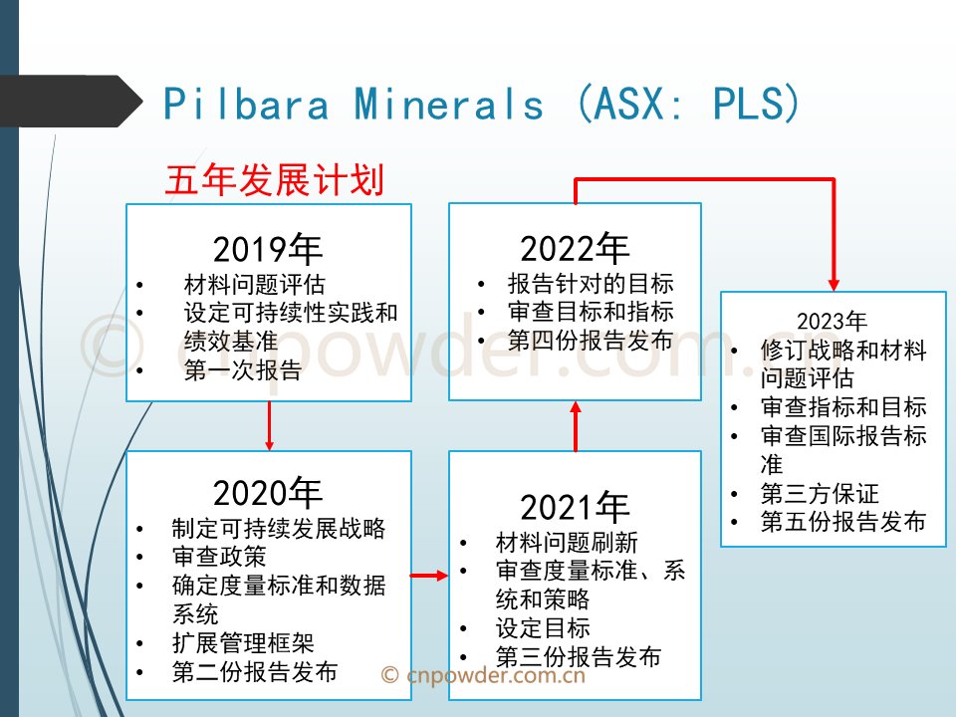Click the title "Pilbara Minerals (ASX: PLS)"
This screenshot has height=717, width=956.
pos(481,103)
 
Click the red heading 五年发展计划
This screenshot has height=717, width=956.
pos(275,180)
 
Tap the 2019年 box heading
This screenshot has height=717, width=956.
pos(268,249)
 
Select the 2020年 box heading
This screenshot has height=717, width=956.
pos(268,493)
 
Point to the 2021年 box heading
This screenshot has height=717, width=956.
pos(575,507)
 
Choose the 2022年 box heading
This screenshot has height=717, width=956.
pos(575,248)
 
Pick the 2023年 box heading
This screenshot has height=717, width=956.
pos(832,321)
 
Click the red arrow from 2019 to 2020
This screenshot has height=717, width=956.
pos(270,425)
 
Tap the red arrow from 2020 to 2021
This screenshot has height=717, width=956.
pos(429,575)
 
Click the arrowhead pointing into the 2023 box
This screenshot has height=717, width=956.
pos(834,284)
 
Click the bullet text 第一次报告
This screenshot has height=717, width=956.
pos(243,370)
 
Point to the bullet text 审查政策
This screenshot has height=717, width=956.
pos(219,556)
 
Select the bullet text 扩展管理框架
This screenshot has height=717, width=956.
pos(243,642)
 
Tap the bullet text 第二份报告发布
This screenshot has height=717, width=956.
pos(255,671)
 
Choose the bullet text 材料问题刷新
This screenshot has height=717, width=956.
pos(567,542)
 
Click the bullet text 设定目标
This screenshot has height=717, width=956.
pos(543,627)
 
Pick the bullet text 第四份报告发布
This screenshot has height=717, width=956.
pos(591,340)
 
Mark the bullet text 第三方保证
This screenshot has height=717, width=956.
pos(820,493)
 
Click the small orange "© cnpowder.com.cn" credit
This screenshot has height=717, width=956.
pos(484,675)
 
